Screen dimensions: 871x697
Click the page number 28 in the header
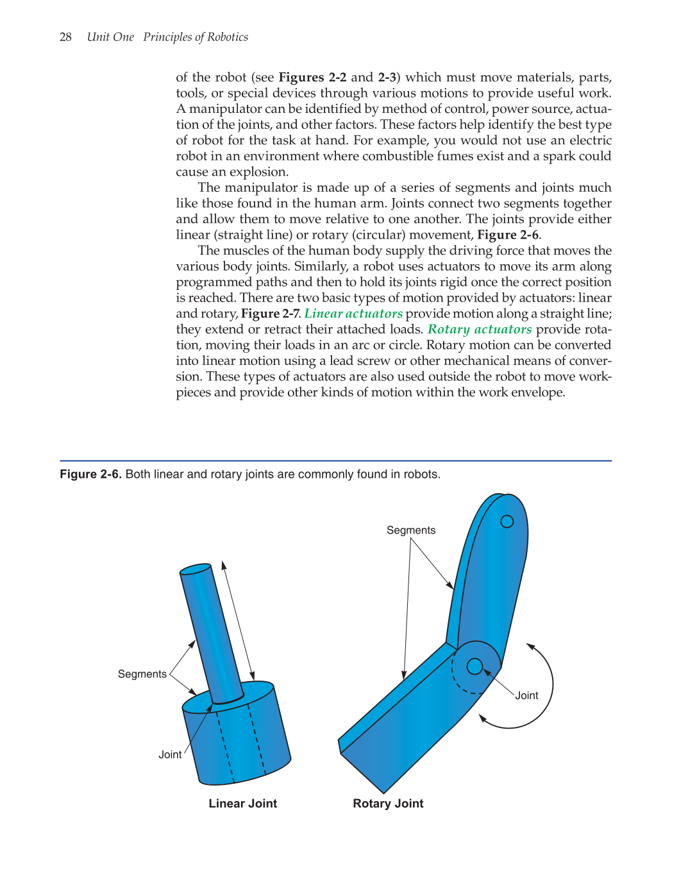pyautogui.click(x=65, y=37)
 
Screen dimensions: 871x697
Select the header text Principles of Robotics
pyautogui.click(x=196, y=37)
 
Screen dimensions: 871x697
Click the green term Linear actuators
pyautogui.click(x=353, y=314)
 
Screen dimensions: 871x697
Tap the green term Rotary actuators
pyautogui.click(x=480, y=329)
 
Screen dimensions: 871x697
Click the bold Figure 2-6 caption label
pyautogui.click(x=90, y=475)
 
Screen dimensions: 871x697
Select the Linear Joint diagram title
pyautogui.click(x=243, y=804)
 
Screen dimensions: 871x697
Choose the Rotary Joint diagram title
pyautogui.click(x=388, y=804)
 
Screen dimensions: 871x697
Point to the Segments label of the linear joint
pyautogui.click(x=142, y=674)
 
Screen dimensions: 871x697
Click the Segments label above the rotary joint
pyautogui.click(x=411, y=530)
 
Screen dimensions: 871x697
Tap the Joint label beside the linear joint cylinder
pyautogui.click(x=170, y=755)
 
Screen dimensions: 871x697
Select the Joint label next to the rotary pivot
pyautogui.click(x=526, y=696)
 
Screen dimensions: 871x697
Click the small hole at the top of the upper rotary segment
pyautogui.click(x=507, y=521)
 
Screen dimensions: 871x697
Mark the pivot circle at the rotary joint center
pyautogui.click(x=474, y=667)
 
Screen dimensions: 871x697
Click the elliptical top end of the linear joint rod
pyautogui.click(x=196, y=570)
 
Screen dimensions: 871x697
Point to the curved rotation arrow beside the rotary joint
pyautogui.click(x=550, y=686)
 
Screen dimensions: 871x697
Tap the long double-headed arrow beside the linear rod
pyautogui.click(x=238, y=620)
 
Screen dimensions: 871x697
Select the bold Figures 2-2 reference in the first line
pyautogui.click(x=312, y=78)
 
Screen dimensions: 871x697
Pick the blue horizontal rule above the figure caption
pyautogui.click(x=335, y=461)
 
